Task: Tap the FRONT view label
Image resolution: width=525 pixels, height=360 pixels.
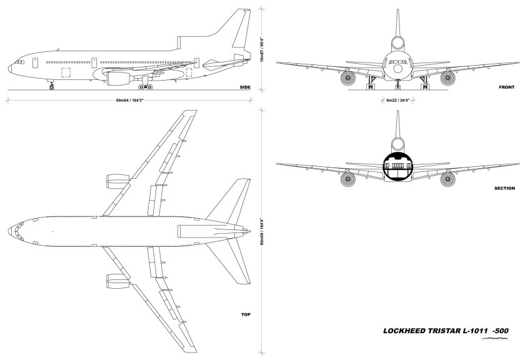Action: [x=507, y=87]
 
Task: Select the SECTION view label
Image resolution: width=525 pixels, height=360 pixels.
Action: [x=503, y=187]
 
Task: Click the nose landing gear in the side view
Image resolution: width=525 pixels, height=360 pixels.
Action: [x=51, y=86]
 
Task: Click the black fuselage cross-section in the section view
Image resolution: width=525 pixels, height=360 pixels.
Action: [x=396, y=164]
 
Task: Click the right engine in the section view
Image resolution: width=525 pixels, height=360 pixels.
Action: [x=447, y=180]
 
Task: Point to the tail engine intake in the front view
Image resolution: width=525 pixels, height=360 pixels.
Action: [x=396, y=44]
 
